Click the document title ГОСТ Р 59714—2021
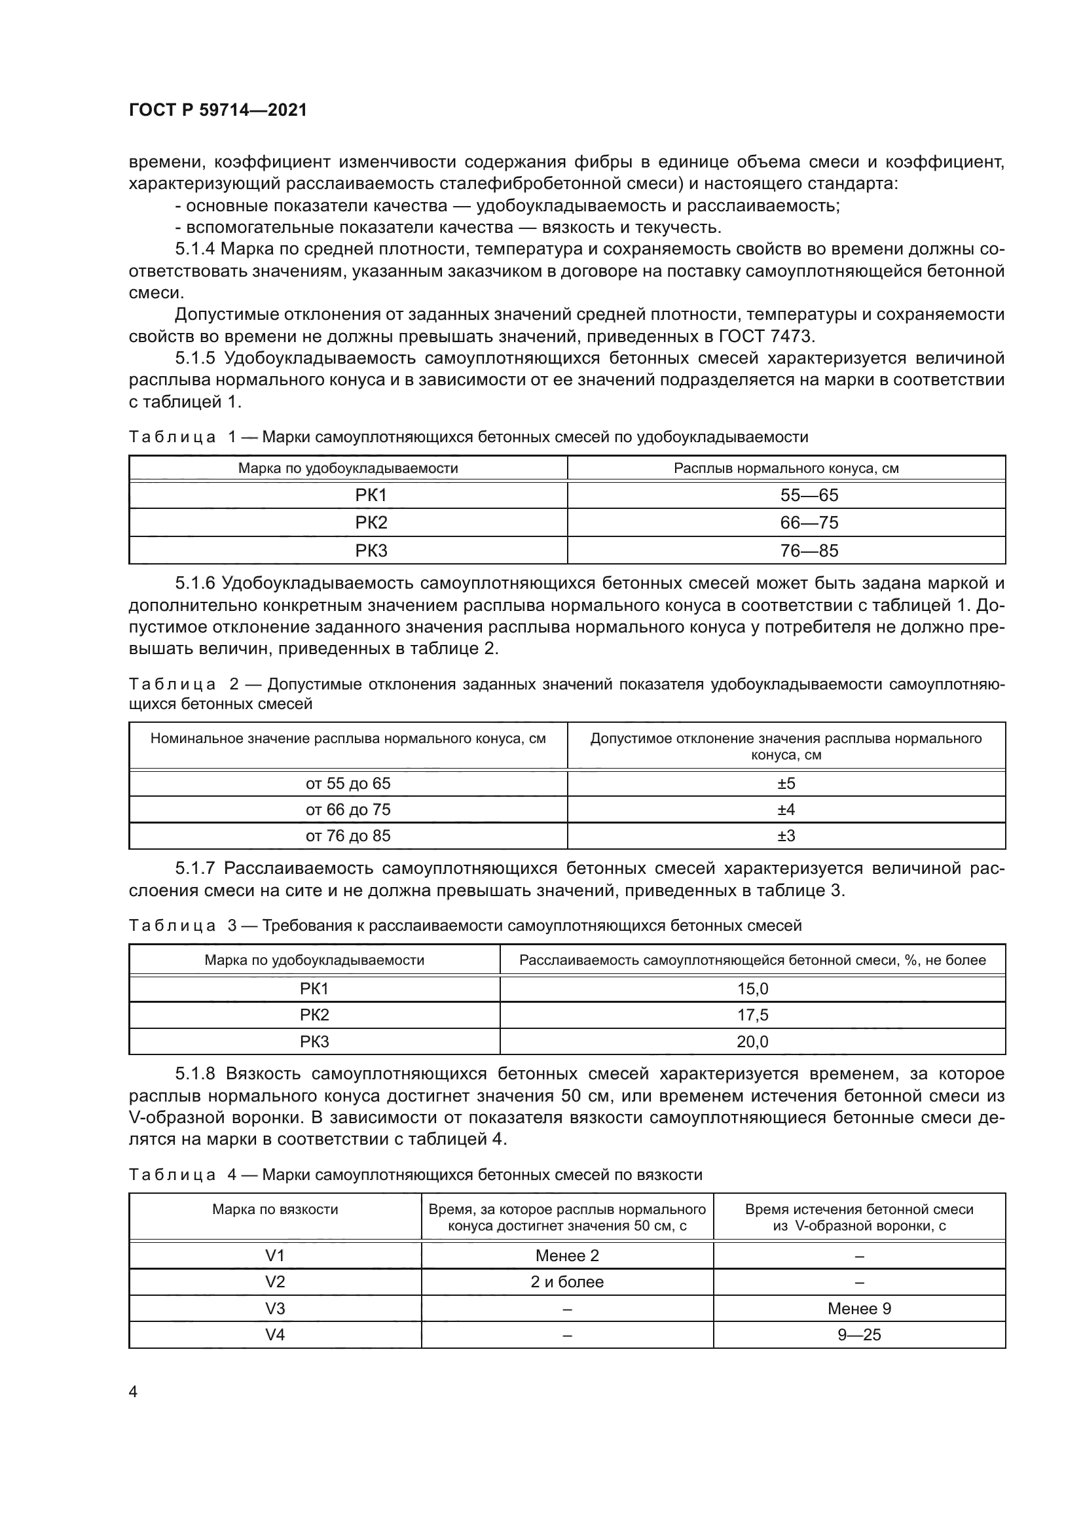tap(217, 110)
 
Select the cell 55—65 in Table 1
tap(808, 495)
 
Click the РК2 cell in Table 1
tap(371, 523)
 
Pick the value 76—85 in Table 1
tap(808, 550)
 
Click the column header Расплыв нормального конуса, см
tap(786, 468)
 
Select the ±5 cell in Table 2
tap(786, 783)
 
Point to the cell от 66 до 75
tap(348, 810)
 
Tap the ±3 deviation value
tap(786, 835)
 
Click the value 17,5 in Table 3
tap(752, 1015)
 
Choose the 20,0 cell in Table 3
tap(752, 1041)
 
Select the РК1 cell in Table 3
tap(314, 989)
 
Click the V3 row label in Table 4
tap(275, 1309)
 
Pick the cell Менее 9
tap(859, 1309)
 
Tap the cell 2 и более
tap(567, 1282)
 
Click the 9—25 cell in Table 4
tap(859, 1335)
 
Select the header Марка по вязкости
tap(275, 1209)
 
